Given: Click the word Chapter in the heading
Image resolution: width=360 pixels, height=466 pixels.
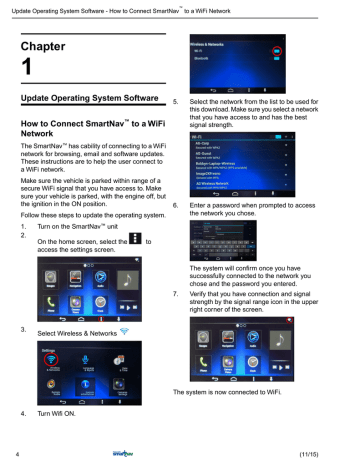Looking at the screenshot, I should coord(45,45).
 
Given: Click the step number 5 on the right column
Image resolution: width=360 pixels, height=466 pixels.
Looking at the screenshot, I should coord(176,102).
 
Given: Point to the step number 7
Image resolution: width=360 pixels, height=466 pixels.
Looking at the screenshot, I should coord(176,294).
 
